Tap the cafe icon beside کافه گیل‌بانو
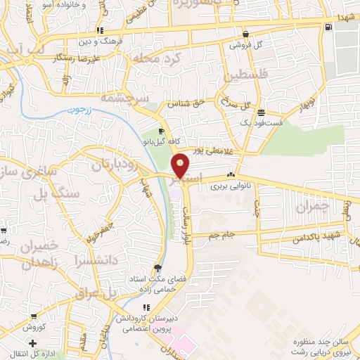[x=161, y=131]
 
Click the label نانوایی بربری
[x=231, y=187]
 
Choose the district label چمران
[x=312, y=207]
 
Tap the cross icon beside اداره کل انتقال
[x=32, y=342]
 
